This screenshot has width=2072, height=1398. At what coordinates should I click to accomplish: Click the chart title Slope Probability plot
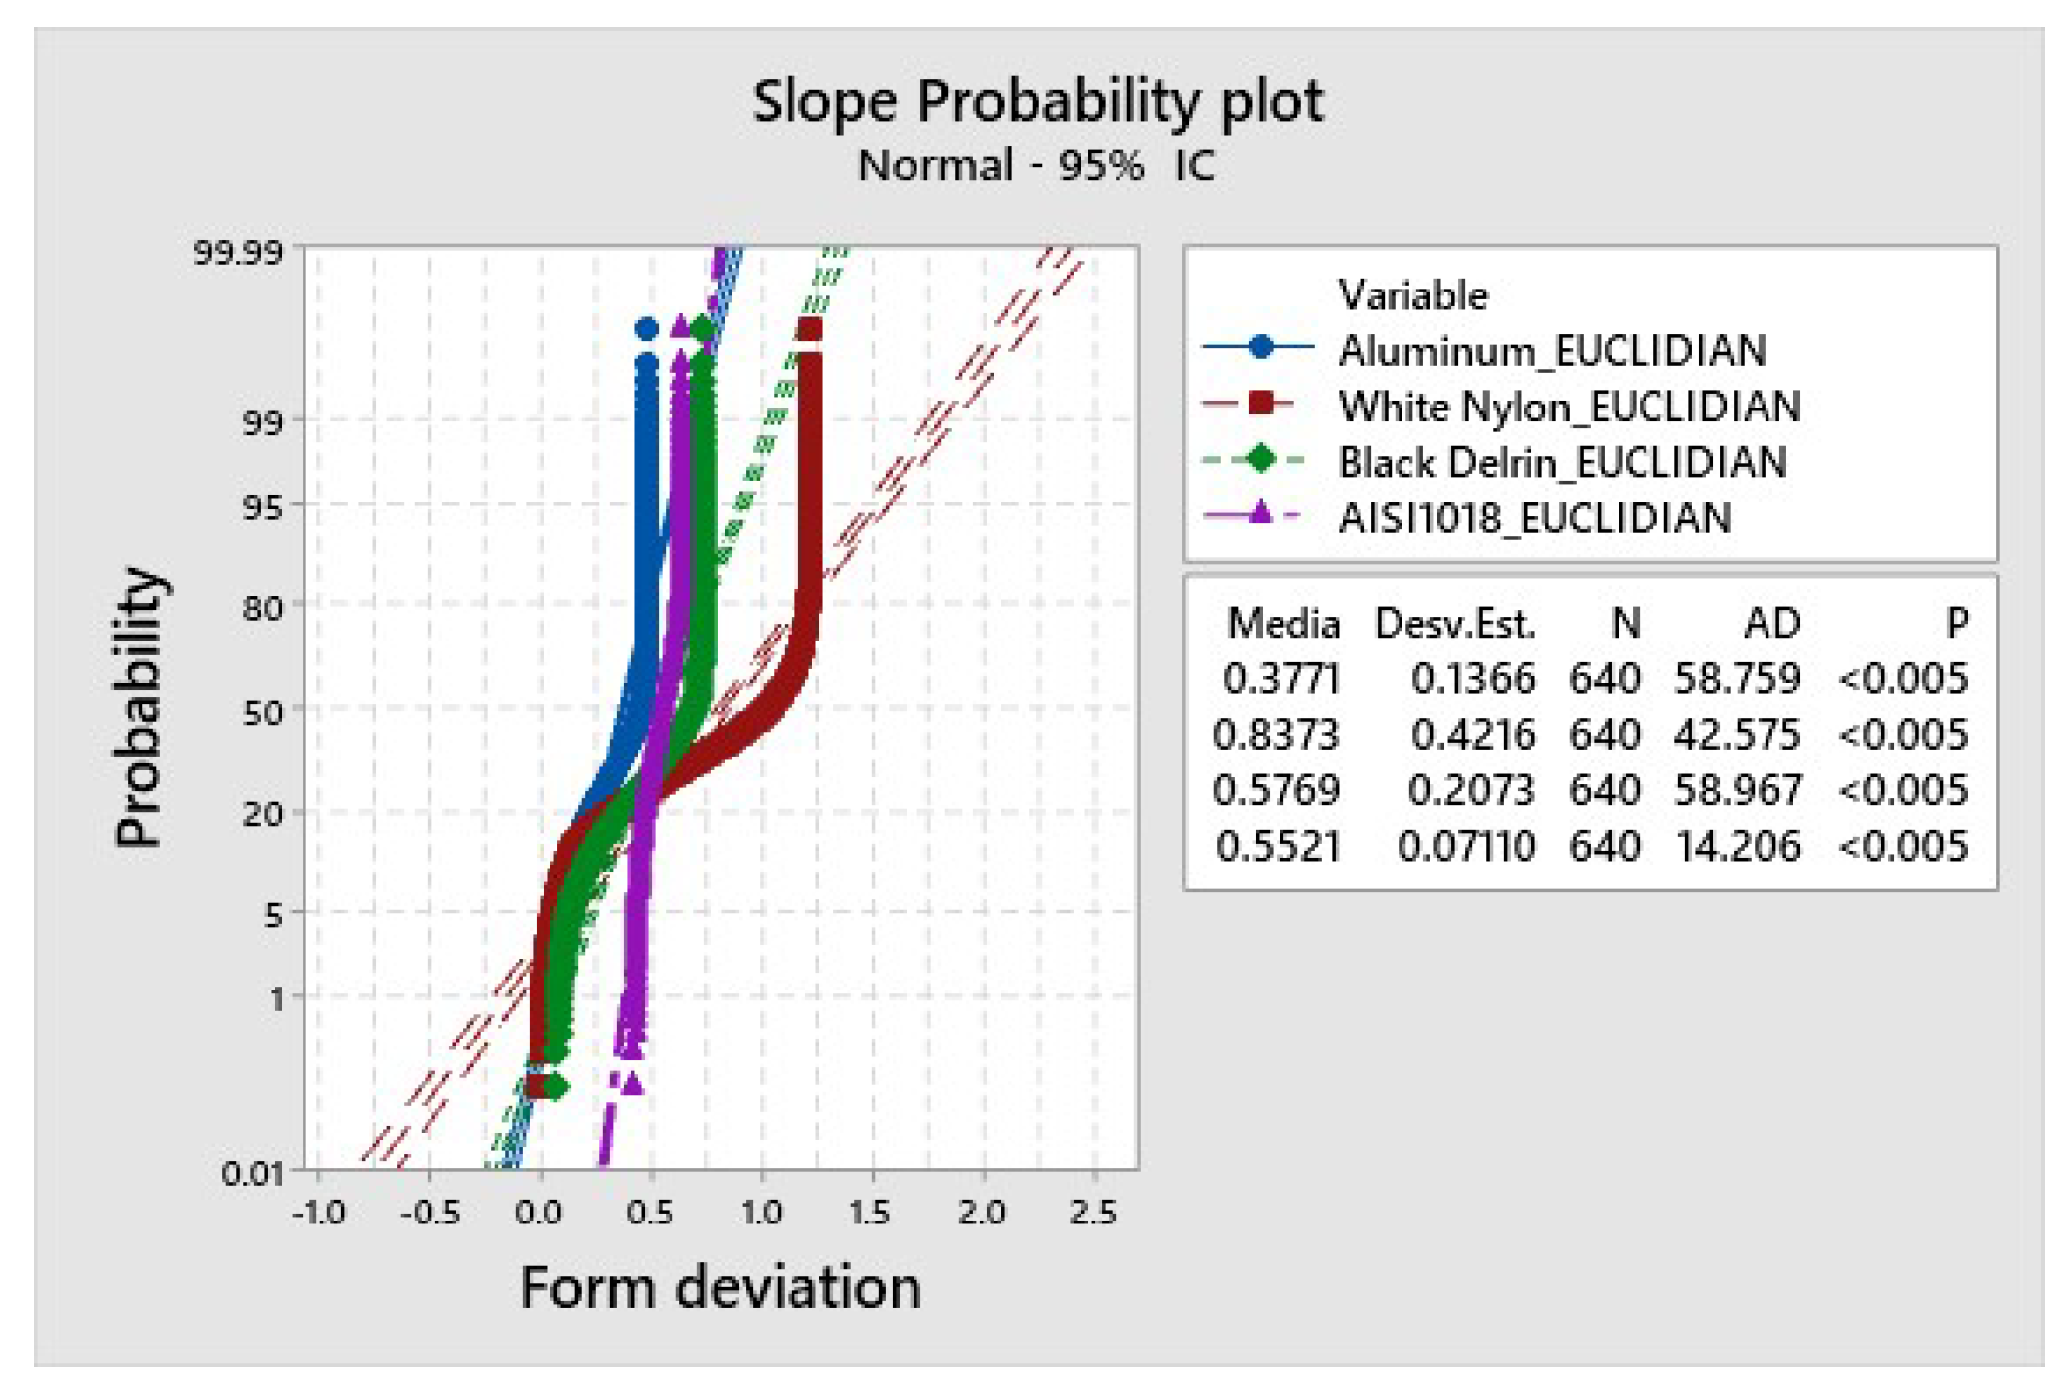pyautogui.click(x=1036, y=101)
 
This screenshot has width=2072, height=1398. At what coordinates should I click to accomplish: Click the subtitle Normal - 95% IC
pyautogui.click(x=1036, y=166)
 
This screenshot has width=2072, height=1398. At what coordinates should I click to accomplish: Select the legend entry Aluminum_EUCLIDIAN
pyautogui.click(x=1551, y=351)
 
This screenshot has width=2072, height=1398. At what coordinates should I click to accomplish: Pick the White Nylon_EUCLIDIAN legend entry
pyautogui.click(x=1568, y=407)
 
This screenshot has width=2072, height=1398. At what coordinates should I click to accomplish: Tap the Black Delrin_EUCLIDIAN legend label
pyautogui.click(x=1562, y=462)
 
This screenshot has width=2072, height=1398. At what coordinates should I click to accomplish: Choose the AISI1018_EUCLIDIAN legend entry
pyautogui.click(x=1533, y=518)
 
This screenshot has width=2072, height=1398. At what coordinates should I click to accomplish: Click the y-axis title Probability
pyautogui.click(x=139, y=707)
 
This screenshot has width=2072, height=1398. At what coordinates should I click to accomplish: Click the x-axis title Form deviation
pyautogui.click(x=721, y=1287)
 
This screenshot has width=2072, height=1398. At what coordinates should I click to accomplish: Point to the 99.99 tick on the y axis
pyautogui.click(x=238, y=252)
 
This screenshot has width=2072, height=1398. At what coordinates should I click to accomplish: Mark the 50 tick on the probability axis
pyautogui.click(x=262, y=711)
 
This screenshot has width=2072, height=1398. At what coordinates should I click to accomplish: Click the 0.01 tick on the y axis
pyautogui.click(x=252, y=1173)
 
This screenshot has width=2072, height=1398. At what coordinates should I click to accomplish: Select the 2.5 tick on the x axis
pyautogui.click(x=1093, y=1212)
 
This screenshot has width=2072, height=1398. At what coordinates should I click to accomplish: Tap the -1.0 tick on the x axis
pyautogui.click(x=318, y=1212)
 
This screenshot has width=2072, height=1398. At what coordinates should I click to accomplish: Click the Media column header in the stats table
pyautogui.click(x=1282, y=624)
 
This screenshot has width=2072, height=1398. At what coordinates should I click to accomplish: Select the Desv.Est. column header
pyautogui.click(x=1454, y=624)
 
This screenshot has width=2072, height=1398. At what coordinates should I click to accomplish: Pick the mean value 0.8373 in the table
pyautogui.click(x=1277, y=735)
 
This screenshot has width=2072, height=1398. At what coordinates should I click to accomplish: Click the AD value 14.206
pyautogui.click(x=1737, y=846)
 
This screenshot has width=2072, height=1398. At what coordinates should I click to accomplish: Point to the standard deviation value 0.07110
pyautogui.click(x=1466, y=846)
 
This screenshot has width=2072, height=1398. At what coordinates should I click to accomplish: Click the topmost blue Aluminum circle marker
pyautogui.click(x=646, y=329)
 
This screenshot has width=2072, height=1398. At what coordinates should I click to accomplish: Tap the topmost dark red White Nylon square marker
pyautogui.click(x=809, y=329)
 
